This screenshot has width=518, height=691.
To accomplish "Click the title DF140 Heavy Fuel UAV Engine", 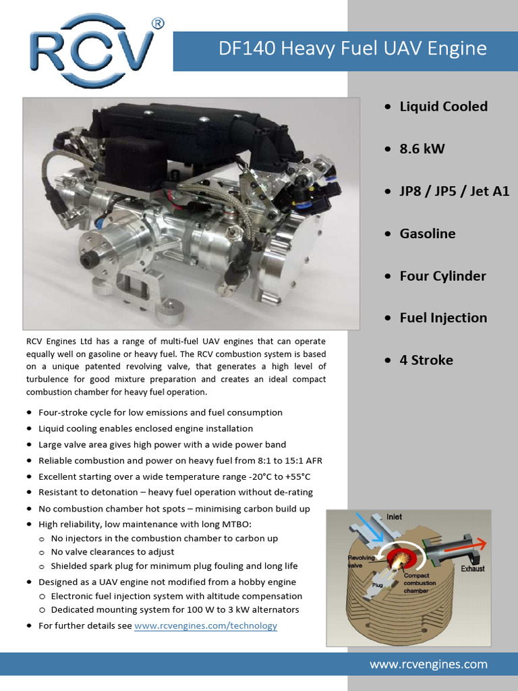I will click(x=353, y=49).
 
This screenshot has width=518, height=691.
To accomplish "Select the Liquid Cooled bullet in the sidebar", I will click(x=443, y=107).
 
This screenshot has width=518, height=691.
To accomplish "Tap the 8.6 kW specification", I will click(x=422, y=148).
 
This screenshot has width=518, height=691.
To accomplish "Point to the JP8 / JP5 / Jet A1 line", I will click(x=454, y=191).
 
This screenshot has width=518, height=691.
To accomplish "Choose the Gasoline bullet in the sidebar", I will click(x=427, y=233).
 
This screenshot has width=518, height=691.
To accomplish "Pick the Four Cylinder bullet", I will click(x=442, y=276).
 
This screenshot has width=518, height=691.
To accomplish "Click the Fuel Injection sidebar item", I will click(x=443, y=318).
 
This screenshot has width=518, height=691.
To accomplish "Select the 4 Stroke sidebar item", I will click(x=426, y=360).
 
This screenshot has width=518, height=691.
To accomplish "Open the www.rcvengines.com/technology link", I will click(x=206, y=626).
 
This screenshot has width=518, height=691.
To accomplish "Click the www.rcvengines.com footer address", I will click(x=428, y=665).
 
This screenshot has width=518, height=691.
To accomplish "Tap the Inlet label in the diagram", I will click(x=394, y=517).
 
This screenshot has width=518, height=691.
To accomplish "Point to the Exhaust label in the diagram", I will click(x=472, y=569).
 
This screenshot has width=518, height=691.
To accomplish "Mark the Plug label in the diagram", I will click(x=378, y=586).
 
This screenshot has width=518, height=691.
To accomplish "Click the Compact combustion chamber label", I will click(x=420, y=583).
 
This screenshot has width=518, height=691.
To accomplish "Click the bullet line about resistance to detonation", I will click(x=175, y=493).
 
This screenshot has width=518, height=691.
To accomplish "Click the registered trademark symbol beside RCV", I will click(x=158, y=24).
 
